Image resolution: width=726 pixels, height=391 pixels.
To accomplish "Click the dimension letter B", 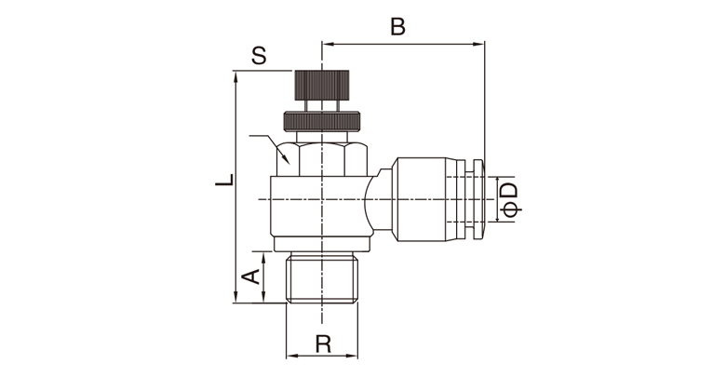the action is point(397,27).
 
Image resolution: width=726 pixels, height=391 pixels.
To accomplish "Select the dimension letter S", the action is point(260,56).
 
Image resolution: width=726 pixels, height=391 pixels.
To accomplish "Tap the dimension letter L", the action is point(225,181).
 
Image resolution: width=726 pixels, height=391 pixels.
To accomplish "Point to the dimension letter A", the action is point(251,277).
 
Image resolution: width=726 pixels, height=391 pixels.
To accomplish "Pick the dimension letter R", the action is point(323,344).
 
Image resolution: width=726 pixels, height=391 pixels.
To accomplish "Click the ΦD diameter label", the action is point(510,199).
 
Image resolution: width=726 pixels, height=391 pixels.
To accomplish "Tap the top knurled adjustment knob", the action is point(322,86).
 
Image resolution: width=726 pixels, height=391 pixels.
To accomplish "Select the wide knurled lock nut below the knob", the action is point(322,121).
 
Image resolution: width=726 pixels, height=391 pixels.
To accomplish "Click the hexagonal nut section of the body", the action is point(322,159).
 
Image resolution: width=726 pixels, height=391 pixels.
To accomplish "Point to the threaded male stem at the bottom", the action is point(322,278).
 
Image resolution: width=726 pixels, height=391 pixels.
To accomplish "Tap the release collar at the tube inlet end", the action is point(476,199).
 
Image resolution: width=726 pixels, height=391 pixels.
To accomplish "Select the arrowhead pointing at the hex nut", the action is point(286,160).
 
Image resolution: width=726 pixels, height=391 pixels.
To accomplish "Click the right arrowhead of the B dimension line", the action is point(479,45).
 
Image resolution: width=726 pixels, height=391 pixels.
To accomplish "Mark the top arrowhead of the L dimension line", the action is point(235,77).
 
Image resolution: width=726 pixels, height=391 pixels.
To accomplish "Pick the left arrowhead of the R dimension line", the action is point(292,356).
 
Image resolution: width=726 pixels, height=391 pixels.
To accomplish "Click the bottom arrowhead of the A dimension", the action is point(264,297).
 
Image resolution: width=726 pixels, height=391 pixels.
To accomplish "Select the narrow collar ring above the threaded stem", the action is point(322,244).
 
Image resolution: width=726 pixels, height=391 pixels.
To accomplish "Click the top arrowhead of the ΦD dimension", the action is point(497,182).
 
